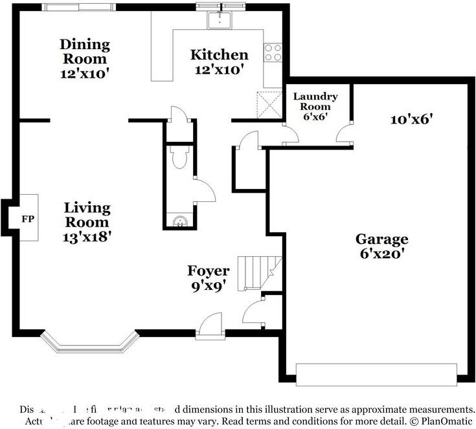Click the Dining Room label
click(x=85, y=52)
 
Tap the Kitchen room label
click(x=220, y=55)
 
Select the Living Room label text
click(x=87, y=215)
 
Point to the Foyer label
click(x=208, y=270)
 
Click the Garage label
click(x=381, y=239)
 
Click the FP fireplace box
click(x=28, y=218)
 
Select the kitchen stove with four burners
click(x=273, y=52)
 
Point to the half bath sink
click(x=179, y=221)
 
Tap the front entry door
click(x=209, y=325)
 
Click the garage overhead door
click(x=376, y=374)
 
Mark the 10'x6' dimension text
click(x=411, y=119)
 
